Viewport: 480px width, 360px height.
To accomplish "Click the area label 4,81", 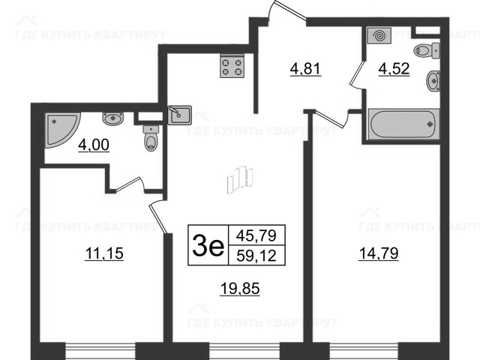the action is tap(305, 69).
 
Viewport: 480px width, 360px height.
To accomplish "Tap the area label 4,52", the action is tap(394, 69).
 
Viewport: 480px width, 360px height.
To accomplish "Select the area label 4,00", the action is tap(94, 145).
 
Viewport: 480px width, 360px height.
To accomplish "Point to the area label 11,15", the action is tap(104, 253).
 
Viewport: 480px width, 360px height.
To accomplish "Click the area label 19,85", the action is tap(240, 288).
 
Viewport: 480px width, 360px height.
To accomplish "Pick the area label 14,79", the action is tap(379, 253).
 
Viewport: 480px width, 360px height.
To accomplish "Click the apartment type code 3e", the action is tap(208, 245).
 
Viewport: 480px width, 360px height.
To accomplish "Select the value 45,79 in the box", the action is tap(256, 235).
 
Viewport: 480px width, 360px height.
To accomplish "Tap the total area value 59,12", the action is tap(256, 256).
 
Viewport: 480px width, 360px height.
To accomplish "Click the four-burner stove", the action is tap(232, 66).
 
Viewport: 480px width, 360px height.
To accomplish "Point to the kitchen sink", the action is tap(180, 115).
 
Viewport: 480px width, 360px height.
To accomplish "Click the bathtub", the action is tap(403, 124).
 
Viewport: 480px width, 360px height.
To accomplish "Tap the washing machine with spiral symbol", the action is tap(379, 35).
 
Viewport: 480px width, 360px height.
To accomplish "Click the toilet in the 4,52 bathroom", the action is tap(427, 51).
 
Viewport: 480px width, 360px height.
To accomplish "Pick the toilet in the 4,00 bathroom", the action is tap(151, 138).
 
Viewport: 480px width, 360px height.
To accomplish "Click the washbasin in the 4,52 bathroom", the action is tap(433, 81).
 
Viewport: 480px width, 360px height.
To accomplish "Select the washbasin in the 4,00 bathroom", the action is tap(113, 118).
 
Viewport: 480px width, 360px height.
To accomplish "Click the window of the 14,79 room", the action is tap(364, 351).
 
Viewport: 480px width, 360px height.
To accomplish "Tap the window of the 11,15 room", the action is tap(100, 351).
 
